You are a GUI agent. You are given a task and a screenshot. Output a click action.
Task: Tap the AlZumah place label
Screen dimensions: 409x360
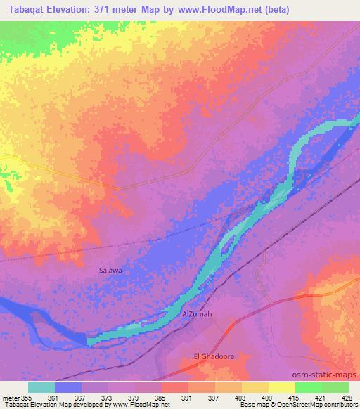[x=197, y=314]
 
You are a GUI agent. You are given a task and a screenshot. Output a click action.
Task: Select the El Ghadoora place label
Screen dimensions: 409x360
[x=213, y=356]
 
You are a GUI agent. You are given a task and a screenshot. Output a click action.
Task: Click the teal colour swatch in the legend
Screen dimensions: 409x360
[x=41, y=387]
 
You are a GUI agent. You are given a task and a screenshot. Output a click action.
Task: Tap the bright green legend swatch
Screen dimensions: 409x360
[x=308, y=387]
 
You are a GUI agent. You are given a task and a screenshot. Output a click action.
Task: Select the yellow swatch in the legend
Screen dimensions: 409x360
[x=282, y=387]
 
